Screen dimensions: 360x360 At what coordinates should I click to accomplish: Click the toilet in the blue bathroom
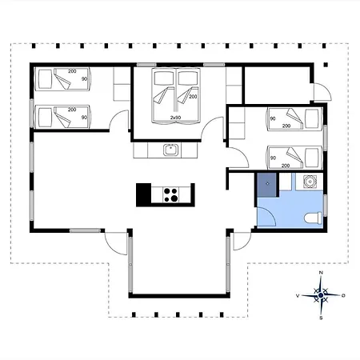coord(314,218)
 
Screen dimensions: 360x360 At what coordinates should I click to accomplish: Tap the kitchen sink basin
coord(170,150)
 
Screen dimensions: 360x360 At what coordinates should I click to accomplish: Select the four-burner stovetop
coord(170,194)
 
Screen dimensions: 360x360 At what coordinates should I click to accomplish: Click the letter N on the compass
coord(321,273)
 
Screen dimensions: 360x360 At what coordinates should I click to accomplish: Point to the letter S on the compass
coord(321,318)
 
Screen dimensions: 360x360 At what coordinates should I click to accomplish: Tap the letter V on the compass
coord(298,296)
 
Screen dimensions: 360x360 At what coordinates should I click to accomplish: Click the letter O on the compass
coord(343,295)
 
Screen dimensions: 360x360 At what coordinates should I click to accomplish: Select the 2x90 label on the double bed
coord(175,118)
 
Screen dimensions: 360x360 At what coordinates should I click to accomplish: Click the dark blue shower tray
coord(267,185)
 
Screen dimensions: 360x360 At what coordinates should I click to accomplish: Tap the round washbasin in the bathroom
coord(310,182)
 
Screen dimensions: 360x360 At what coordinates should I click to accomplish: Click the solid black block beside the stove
coord(144,194)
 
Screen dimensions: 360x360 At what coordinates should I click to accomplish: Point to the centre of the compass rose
coord(321,295)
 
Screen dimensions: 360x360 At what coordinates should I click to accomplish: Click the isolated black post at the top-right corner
coord(326,65)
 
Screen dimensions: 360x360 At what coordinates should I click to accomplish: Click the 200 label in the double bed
coord(193,97)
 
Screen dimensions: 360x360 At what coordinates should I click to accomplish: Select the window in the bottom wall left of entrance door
coord(86,230)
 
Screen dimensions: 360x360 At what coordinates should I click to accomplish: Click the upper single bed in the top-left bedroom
coord(63,79)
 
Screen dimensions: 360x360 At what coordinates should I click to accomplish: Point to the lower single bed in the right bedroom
coord(295,158)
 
